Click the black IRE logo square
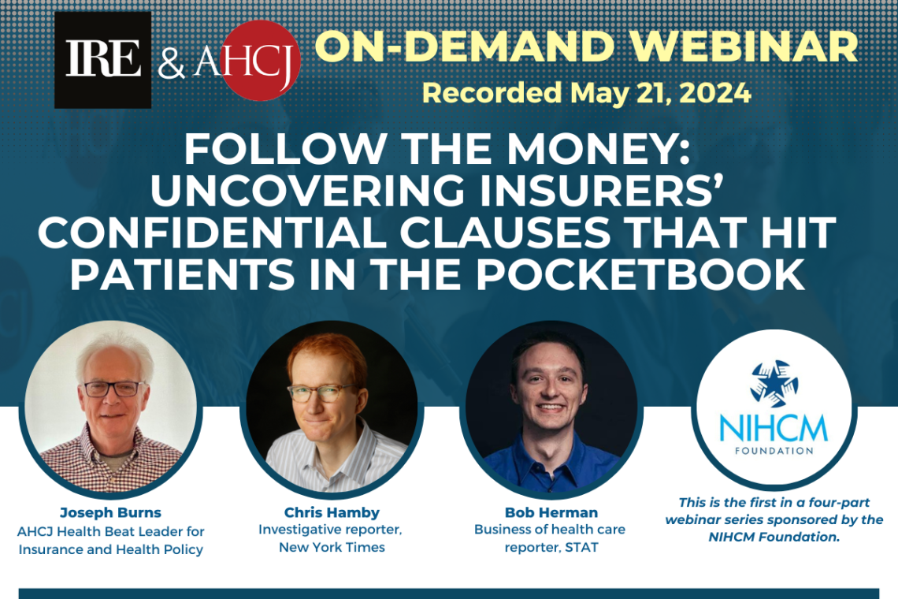[102, 60]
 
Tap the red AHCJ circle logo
[261, 61]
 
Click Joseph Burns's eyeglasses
[113, 388]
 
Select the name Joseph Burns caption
[110, 513]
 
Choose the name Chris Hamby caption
[332, 512]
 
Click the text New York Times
[332, 547]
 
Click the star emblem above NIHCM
[774, 383]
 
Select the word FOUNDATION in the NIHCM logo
[774, 451]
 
